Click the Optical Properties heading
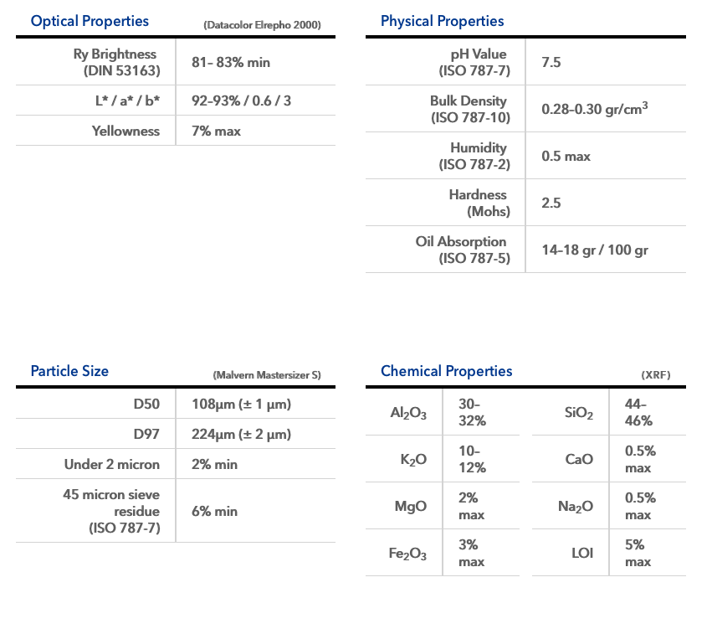pos(90,21)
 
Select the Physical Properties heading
pos(442,21)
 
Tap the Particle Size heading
pos(69,371)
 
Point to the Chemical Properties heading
pos(446,371)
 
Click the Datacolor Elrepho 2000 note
pos(262,25)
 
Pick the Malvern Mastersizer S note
pos(267,375)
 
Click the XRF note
pos(655,375)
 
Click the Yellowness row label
pos(125,131)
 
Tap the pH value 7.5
pos(551,63)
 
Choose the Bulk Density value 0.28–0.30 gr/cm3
pos(595,109)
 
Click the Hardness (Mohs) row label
pos(478,203)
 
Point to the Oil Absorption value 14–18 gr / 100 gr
pos(595,250)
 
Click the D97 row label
pos(146,434)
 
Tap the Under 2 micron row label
pos(112,464)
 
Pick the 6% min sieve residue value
pos(214,511)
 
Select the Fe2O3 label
pos(408,554)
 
